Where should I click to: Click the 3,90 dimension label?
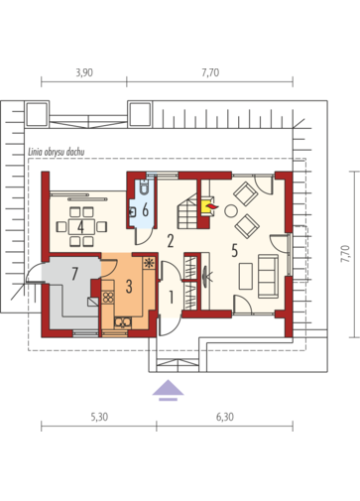(x=84, y=72)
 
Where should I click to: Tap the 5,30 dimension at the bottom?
(x=99, y=417)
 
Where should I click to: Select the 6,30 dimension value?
(x=225, y=417)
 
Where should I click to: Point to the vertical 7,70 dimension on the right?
(x=345, y=254)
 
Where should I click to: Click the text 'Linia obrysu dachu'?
(x=57, y=152)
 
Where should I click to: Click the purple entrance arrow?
(x=168, y=390)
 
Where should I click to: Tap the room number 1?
(x=171, y=297)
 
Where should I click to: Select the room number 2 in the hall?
(x=171, y=241)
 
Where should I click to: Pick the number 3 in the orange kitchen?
(x=129, y=287)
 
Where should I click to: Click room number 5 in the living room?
(x=234, y=250)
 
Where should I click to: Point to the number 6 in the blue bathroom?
(x=145, y=210)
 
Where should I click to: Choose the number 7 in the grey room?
(x=74, y=274)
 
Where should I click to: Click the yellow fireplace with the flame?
(x=207, y=206)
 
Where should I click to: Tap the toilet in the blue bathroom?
(x=144, y=187)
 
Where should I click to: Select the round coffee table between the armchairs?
(x=231, y=211)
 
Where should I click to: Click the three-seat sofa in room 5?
(x=268, y=276)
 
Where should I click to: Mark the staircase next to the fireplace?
(x=187, y=212)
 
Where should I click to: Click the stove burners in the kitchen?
(x=108, y=297)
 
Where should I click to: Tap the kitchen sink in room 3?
(x=123, y=322)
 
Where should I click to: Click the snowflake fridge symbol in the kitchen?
(x=150, y=263)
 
